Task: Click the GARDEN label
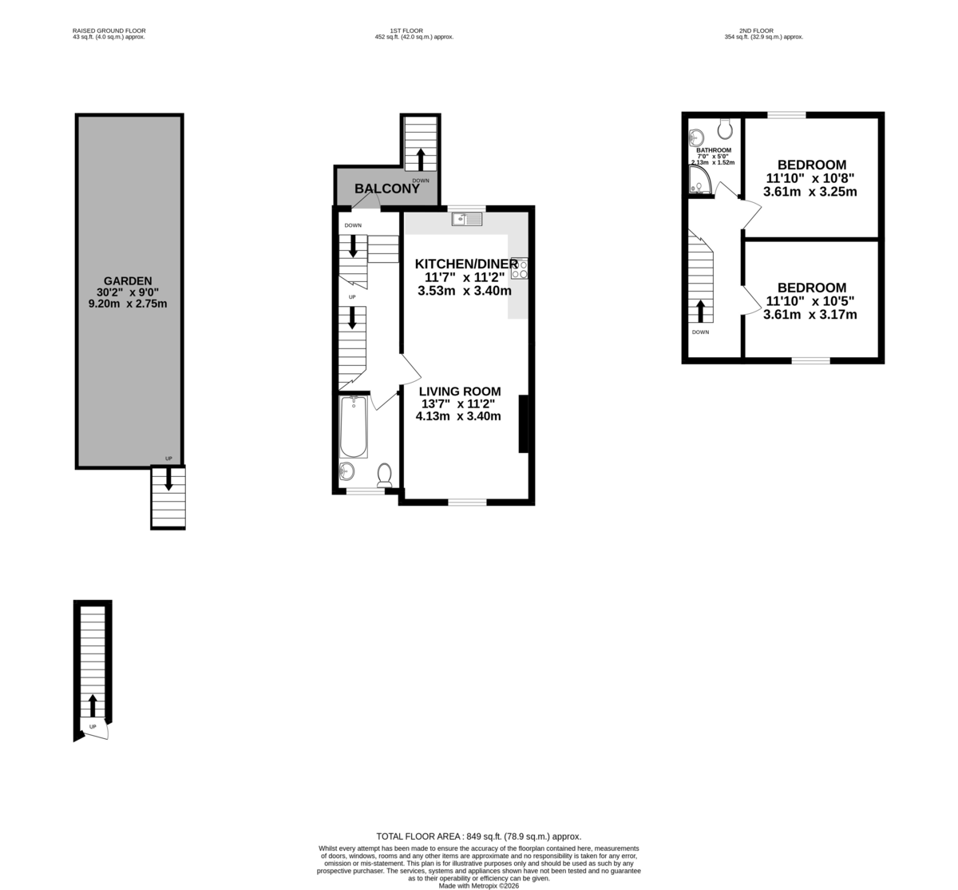[x=128, y=281]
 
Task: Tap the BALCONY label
[x=387, y=189]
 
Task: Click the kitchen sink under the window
[x=467, y=219]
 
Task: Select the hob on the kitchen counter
[x=520, y=268]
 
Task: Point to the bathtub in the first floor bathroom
[x=354, y=427]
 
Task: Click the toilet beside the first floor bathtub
[x=385, y=475]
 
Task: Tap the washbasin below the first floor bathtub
[x=346, y=471]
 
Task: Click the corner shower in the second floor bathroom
[x=700, y=180]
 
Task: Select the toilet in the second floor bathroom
[x=725, y=129]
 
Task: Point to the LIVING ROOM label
[x=460, y=391]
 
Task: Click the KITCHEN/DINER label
[x=466, y=264]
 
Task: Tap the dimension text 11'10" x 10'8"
[x=810, y=178]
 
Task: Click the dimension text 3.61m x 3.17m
[x=810, y=315]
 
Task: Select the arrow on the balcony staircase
[x=420, y=159]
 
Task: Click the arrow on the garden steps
[x=168, y=479]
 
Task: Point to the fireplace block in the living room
[x=524, y=424]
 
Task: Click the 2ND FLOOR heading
[x=756, y=30]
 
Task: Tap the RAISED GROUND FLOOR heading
[x=109, y=30]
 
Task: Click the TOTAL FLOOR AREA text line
[x=478, y=836]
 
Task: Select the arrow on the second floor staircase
[x=699, y=312]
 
